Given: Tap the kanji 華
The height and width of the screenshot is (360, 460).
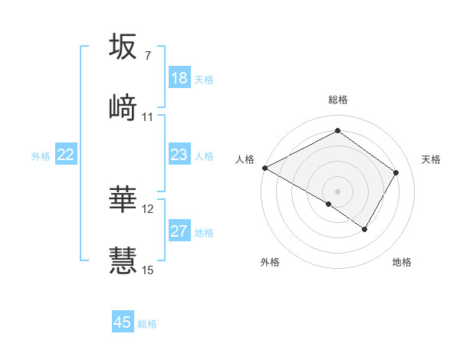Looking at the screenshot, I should pyautogui.click(x=123, y=200).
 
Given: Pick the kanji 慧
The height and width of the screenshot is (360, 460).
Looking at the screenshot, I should pyautogui.click(x=123, y=260).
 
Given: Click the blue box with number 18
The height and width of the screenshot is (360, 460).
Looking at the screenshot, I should pyautogui.click(x=179, y=78).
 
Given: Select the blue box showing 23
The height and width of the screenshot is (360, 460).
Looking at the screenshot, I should pyautogui.click(x=179, y=155).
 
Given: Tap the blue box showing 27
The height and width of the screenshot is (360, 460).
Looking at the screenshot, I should pyautogui.click(x=179, y=231).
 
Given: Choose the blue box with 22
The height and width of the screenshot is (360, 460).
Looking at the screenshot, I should pyautogui.click(x=66, y=155).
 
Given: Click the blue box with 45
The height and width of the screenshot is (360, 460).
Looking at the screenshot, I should pyautogui.click(x=123, y=322).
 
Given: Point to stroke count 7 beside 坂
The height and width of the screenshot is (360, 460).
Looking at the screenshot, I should pyautogui.click(x=147, y=56).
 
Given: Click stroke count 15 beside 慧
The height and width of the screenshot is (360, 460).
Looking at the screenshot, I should pyautogui.click(x=148, y=270).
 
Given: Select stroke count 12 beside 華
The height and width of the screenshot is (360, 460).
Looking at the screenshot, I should pyautogui.click(x=148, y=209).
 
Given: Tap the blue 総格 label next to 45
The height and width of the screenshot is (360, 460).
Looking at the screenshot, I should pyautogui.click(x=147, y=324).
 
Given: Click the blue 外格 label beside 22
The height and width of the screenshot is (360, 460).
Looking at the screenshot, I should pyautogui.click(x=41, y=156).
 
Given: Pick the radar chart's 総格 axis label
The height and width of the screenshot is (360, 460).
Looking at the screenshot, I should pyautogui.click(x=338, y=100).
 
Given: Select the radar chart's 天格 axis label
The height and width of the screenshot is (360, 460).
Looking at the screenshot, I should pyautogui.click(x=431, y=159).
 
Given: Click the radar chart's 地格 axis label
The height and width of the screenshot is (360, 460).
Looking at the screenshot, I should pyautogui.click(x=402, y=262).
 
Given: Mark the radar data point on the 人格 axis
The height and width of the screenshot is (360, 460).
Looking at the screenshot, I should pyautogui.click(x=264, y=168).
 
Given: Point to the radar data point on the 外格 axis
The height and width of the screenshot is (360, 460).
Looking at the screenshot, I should pyautogui.click(x=329, y=204).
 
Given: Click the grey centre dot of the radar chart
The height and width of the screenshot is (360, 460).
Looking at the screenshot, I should pyautogui.click(x=337, y=191).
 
